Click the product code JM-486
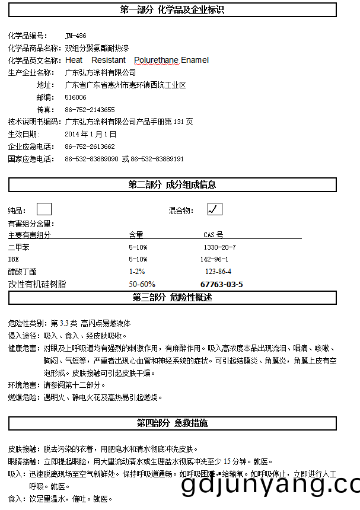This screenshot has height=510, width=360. (x=75, y=36)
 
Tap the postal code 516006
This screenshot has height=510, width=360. (x=75, y=97)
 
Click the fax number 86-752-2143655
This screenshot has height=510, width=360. (x=90, y=110)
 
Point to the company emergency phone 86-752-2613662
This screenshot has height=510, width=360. (x=90, y=146)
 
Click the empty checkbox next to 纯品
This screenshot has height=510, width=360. (x=44, y=209)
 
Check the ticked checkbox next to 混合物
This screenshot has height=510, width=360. (x=215, y=209)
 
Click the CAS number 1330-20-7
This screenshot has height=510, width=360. (x=219, y=247)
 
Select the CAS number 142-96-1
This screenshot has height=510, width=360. (x=214, y=259)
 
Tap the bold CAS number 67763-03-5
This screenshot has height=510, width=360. (x=221, y=284)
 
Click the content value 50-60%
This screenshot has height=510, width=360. (x=142, y=284)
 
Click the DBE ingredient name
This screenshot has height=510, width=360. (x=14, y=259)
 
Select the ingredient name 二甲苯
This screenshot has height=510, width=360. (x=18, y=247)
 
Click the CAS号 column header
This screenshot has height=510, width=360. (x=213, y=235)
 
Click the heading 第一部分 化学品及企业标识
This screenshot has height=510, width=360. (x=172, y=9)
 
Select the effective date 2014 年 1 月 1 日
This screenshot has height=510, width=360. (x=90, y=134)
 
